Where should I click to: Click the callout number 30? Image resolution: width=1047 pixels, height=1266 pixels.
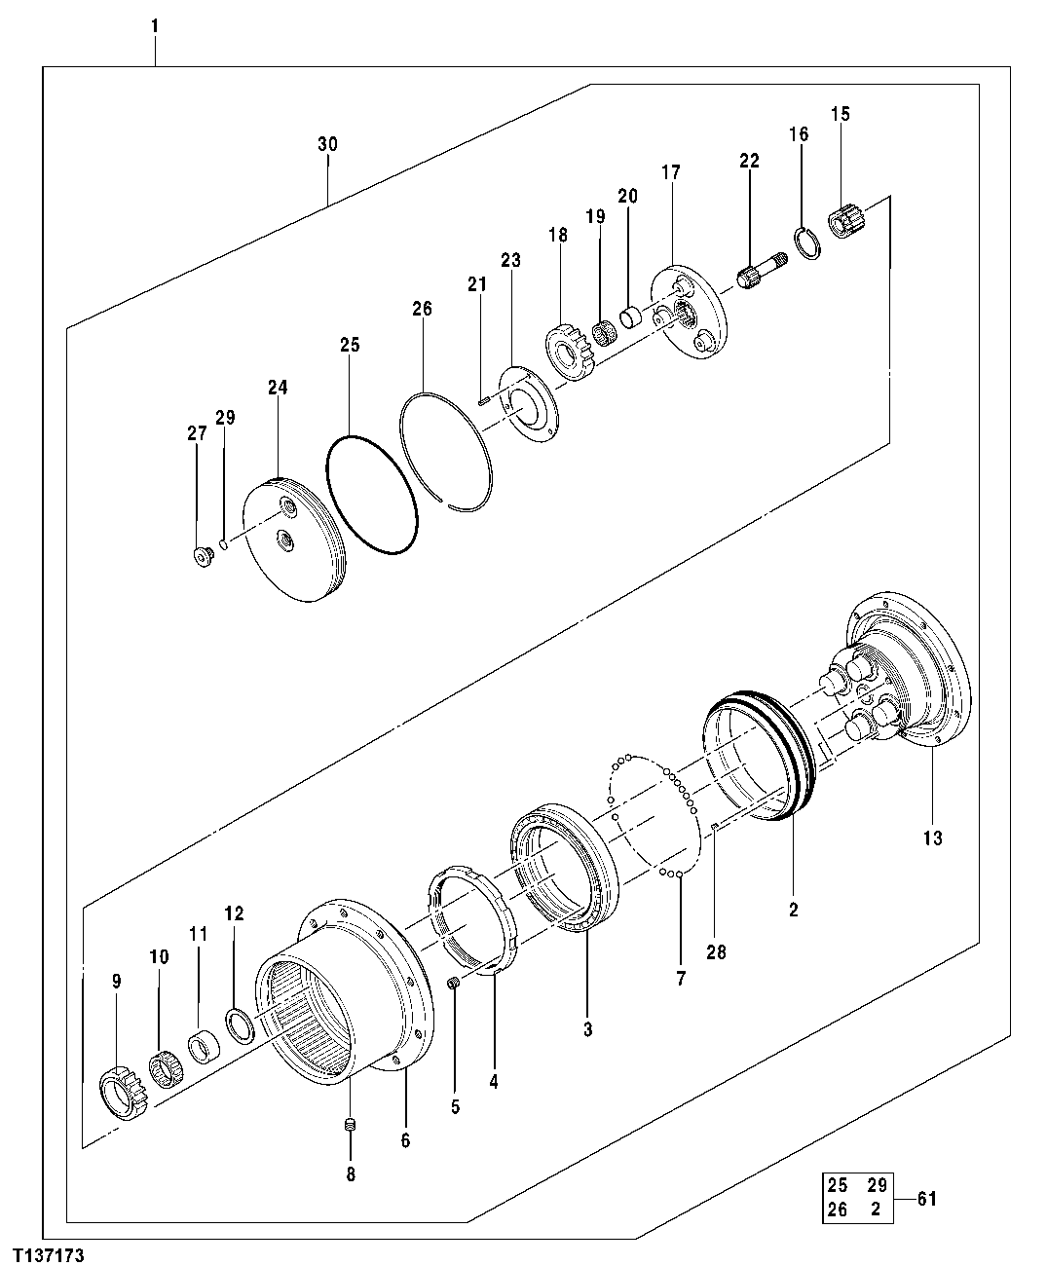pos(327,144)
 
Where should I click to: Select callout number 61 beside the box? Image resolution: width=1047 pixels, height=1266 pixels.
pos(925,1199)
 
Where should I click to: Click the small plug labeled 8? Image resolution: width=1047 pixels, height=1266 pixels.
pos(353,1127)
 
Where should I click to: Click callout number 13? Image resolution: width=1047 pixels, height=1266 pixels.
pos(932,837)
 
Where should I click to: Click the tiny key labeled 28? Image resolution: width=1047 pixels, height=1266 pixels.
pos(714,828)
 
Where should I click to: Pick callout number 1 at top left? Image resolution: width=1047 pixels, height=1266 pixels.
pos(154,23)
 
